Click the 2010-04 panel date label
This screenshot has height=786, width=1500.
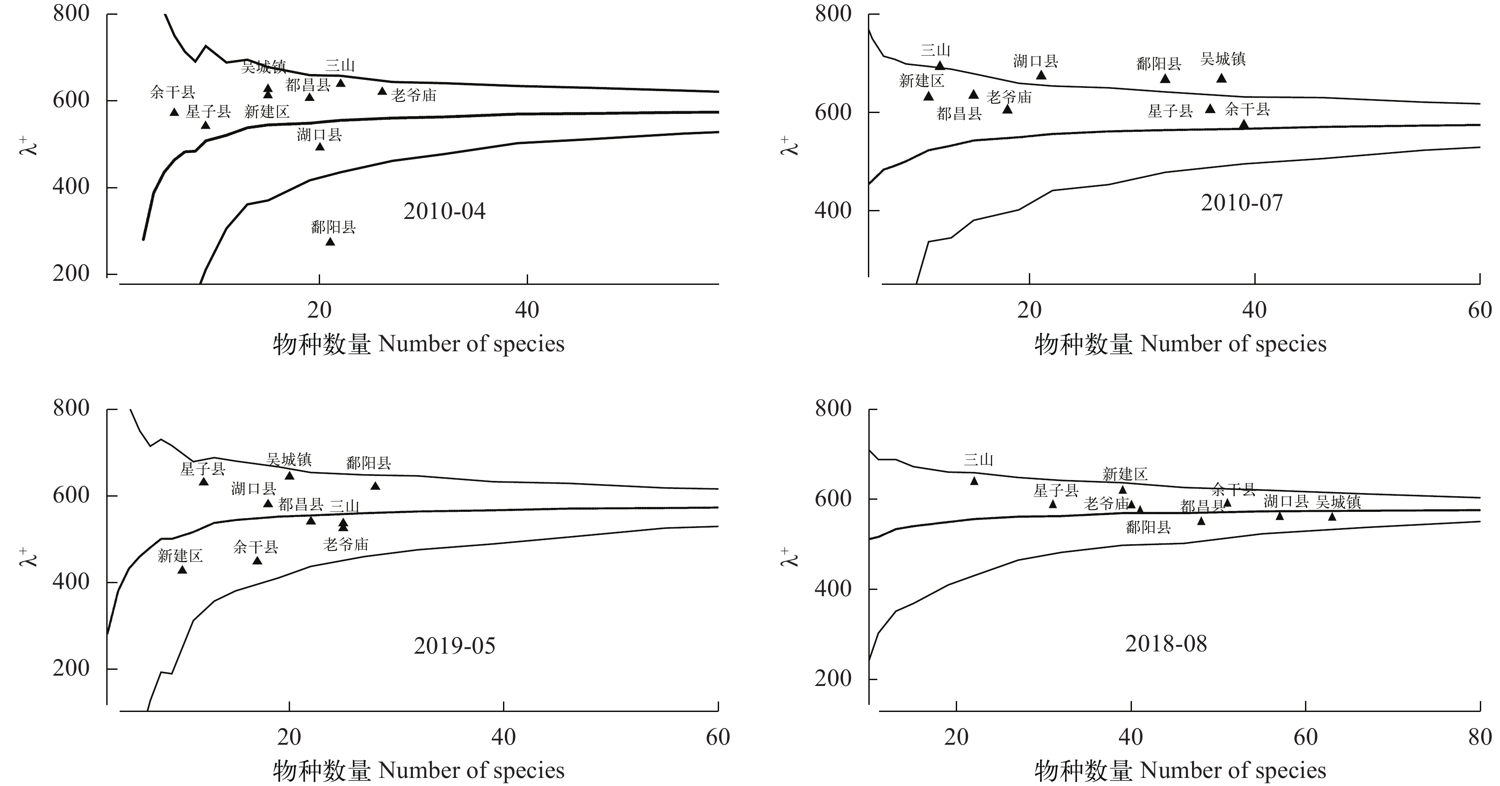[x=444, y=211]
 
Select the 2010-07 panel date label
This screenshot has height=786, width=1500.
[x=1241, y=203]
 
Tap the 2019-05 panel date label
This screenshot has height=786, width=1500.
[x=454, y=646]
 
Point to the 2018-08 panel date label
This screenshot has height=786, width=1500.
[x=1166, y=644]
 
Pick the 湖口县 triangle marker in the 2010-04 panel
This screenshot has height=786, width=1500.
[x=320, y=146]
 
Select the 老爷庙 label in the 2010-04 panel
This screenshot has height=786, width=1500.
[x=413, y=95]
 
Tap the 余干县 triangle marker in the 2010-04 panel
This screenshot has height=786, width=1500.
[x=174, y=112]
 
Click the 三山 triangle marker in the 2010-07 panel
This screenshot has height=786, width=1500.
[x=940, y=65]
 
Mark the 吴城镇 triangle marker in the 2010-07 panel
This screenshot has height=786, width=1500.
[x=1222, y=78]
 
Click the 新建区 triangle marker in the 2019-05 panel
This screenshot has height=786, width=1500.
[x=182, y=569]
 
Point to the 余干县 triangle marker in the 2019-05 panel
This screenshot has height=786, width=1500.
[x=257, y=560]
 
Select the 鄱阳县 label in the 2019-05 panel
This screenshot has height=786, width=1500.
[x=368, y=463]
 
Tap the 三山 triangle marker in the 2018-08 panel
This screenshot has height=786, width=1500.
[x=974, y=480]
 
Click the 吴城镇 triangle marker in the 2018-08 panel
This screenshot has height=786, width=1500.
[x=1332, y=516]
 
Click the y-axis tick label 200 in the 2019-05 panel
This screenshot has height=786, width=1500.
[x=71, y=668]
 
